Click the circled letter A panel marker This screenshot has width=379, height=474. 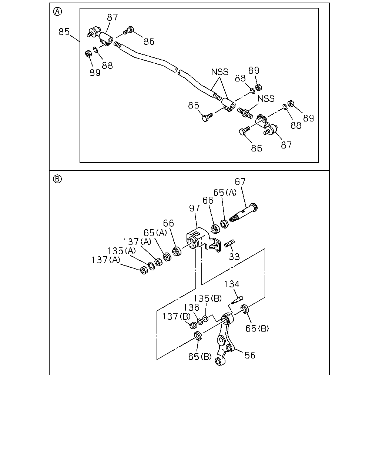(57, 11)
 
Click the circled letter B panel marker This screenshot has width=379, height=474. (57, 178)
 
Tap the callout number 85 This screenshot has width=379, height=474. (64, 32)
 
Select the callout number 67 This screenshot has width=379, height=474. (240, 182)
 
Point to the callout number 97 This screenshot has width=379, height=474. (194, 208)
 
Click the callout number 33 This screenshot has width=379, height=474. (234, 257)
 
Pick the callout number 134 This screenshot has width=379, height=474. (232, 284)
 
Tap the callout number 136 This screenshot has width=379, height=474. (191, 307)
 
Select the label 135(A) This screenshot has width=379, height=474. (121, 251)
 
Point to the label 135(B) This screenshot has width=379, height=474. (207, 298)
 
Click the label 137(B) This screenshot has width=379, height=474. (177, 317)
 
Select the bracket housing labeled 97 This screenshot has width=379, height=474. (203, 240)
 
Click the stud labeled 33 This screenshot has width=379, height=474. (229, 243)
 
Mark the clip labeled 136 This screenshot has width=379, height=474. (200, 322)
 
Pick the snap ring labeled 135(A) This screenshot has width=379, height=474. (151, 266)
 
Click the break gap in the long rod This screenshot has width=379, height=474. (178, 70)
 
